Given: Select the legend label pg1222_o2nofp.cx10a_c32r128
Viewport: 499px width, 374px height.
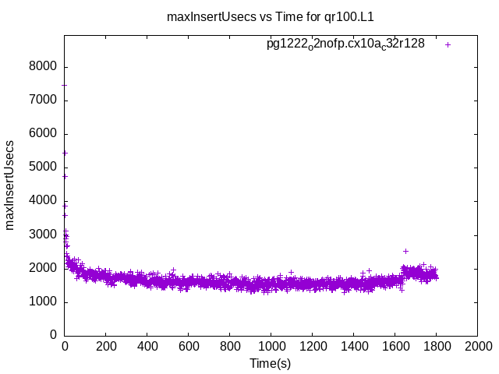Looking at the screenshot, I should (345, 44).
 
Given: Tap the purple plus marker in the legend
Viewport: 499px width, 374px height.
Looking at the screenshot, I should (448, 44).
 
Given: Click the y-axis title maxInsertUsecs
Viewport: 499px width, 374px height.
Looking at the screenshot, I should (10, 185).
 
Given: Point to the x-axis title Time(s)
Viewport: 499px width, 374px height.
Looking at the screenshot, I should (270, 363).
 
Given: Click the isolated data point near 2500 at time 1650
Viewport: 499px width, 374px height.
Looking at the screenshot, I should (405, 251).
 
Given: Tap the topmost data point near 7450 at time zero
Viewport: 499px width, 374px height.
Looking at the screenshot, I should (65, 85).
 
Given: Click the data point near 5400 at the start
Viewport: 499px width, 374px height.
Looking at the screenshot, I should (65, 153).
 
